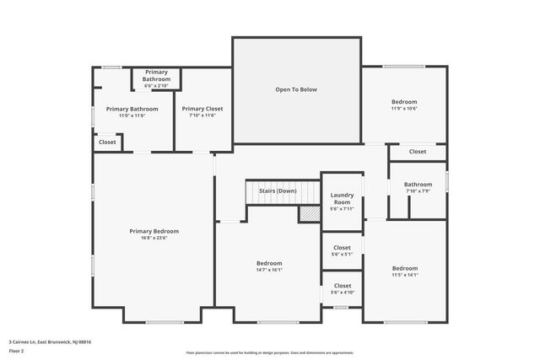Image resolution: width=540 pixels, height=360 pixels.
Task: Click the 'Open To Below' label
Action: (x=296, y=89)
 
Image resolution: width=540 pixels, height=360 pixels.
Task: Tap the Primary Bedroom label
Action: (x=154, y=231)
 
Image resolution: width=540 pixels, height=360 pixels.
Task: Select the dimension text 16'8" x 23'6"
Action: (x=154, y=238)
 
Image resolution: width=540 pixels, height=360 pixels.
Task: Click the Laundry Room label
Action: (x=342, y=198)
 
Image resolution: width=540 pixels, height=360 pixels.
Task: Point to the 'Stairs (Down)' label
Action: (x=278, y=191)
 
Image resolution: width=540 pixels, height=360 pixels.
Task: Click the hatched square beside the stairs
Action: (x=309, y=214)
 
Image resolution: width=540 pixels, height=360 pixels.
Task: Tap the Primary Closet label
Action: (x=202, y=109)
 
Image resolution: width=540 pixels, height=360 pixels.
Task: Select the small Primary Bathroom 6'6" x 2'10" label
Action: (x=156, y=78)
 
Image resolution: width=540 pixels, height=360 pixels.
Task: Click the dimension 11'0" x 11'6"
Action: (x=132, y=116)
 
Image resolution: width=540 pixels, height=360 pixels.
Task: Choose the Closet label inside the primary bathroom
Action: (x=107, y=142)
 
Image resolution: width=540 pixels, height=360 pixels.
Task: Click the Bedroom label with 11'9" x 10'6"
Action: (x=404, y=102)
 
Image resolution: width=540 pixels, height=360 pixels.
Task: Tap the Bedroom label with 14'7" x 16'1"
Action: (x=269, y=263)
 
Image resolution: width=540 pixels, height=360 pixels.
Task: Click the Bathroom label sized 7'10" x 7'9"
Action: (x=418, y=185)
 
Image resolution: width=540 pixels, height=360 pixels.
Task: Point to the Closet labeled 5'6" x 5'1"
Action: (x=342, y=248)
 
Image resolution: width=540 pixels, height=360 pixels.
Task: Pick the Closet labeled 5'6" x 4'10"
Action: (x=342, y=286)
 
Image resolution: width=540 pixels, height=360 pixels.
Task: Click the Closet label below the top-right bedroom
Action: (x=418, y=152)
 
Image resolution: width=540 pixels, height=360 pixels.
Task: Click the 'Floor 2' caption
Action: (x=17, y=349)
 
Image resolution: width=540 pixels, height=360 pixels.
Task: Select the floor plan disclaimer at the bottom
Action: (x=269, y=352)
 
